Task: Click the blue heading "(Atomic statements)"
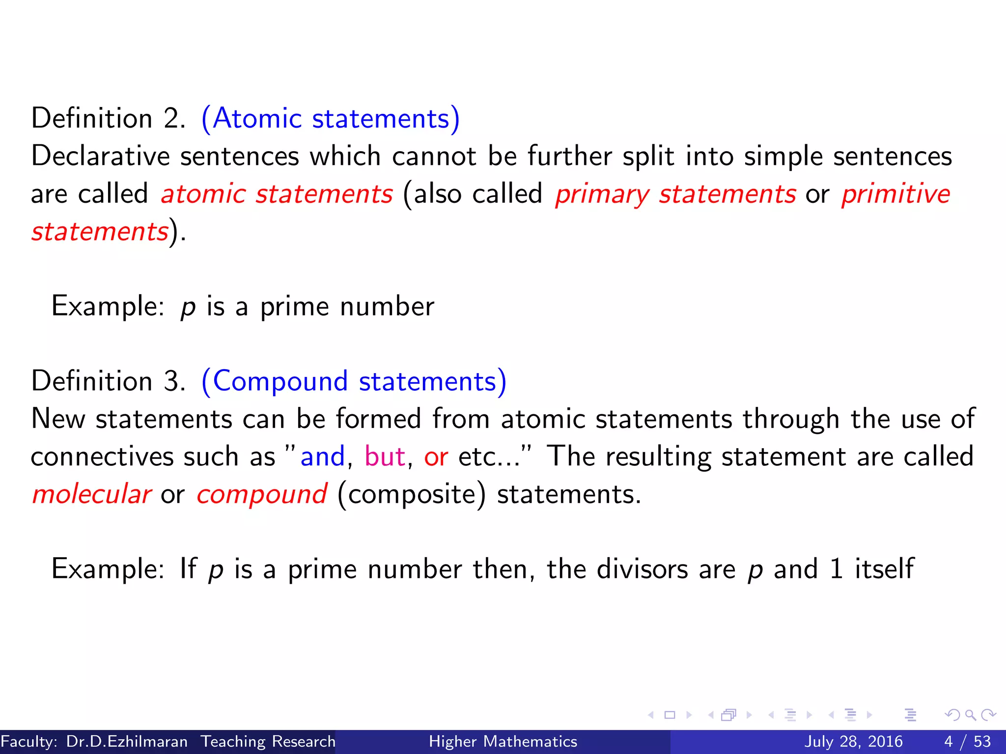(331, 119)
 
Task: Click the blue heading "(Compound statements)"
(354, 381)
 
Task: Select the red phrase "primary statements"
(675, 194)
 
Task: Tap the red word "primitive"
(895, 194)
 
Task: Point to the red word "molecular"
(91, 494)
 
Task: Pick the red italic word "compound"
(262, 495)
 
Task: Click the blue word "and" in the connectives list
(323, 457)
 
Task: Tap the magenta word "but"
(385, 457)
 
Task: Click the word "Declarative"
(101, 156)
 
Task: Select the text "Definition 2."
(109, 119)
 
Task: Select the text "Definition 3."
(109, 381)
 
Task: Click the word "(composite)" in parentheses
(412, 495)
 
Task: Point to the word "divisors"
(642, 569)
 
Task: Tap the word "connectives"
(102, 457)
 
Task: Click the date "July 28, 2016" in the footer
(853, 741)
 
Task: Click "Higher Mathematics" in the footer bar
(503, 741)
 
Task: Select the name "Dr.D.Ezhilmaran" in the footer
(127, 741)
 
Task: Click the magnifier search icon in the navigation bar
(970, 715)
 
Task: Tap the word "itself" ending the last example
(884, 569)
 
